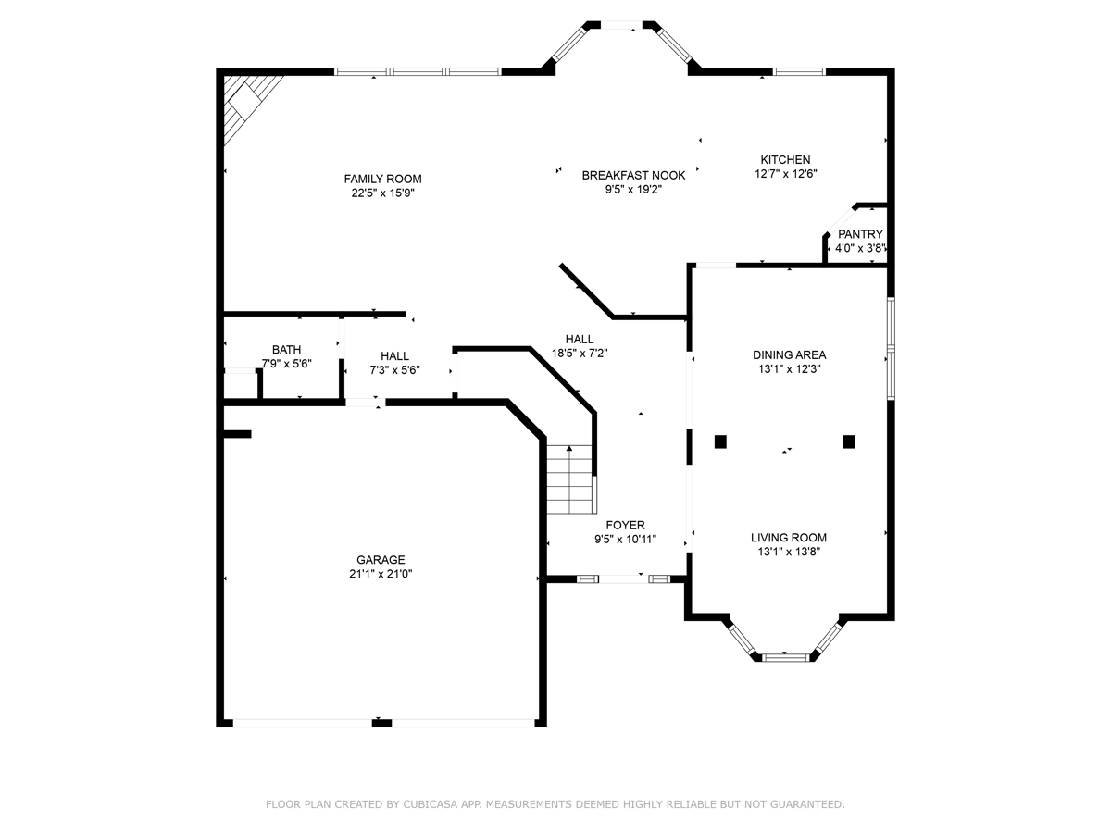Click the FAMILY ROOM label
tap(382, 179)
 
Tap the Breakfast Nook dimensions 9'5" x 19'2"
tap(633, 190)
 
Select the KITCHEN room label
tap(785, 160)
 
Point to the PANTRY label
tap(860, 234)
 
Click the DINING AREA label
tap(789, 355)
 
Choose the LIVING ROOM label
tap(789, 538)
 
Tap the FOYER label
tap(626, 525)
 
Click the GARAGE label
tap(381, 560)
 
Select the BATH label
tap(286, 350)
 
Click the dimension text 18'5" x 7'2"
tap(580, 353)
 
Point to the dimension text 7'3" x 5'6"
tap(394, 370)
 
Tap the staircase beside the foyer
tap(569, 479)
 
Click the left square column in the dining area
tap(720, 441)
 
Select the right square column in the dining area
tap(848, 441)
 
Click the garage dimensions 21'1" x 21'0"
tap(381, 574)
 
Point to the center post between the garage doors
tap(381, 723)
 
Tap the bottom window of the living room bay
tap(785, 657)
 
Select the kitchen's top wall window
tap(799, 72)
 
